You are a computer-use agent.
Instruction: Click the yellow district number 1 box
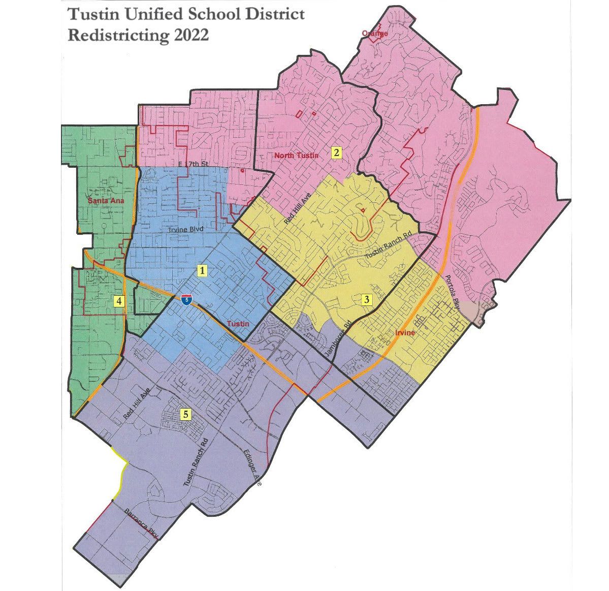[203, 270]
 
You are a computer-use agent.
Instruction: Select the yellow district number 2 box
[336, 152]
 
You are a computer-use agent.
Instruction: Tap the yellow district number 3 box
[367, 299]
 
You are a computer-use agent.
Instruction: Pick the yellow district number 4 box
[119, 301]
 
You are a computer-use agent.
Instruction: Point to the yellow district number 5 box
[186, 414]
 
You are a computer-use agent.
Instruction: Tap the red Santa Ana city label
[106, 201]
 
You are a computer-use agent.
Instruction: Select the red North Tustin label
[296, 155]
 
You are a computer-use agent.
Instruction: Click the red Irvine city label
[405, 333]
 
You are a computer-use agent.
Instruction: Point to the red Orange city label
[375, 34]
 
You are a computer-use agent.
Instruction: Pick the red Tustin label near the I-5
[238, 324]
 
